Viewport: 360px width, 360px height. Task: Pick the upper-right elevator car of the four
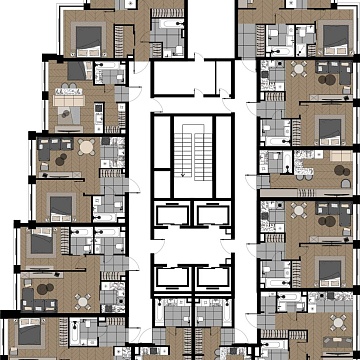tap(210, 215)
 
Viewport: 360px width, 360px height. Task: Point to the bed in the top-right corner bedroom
tap(333, 38)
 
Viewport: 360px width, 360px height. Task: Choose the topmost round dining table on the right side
tap(299, 71)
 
